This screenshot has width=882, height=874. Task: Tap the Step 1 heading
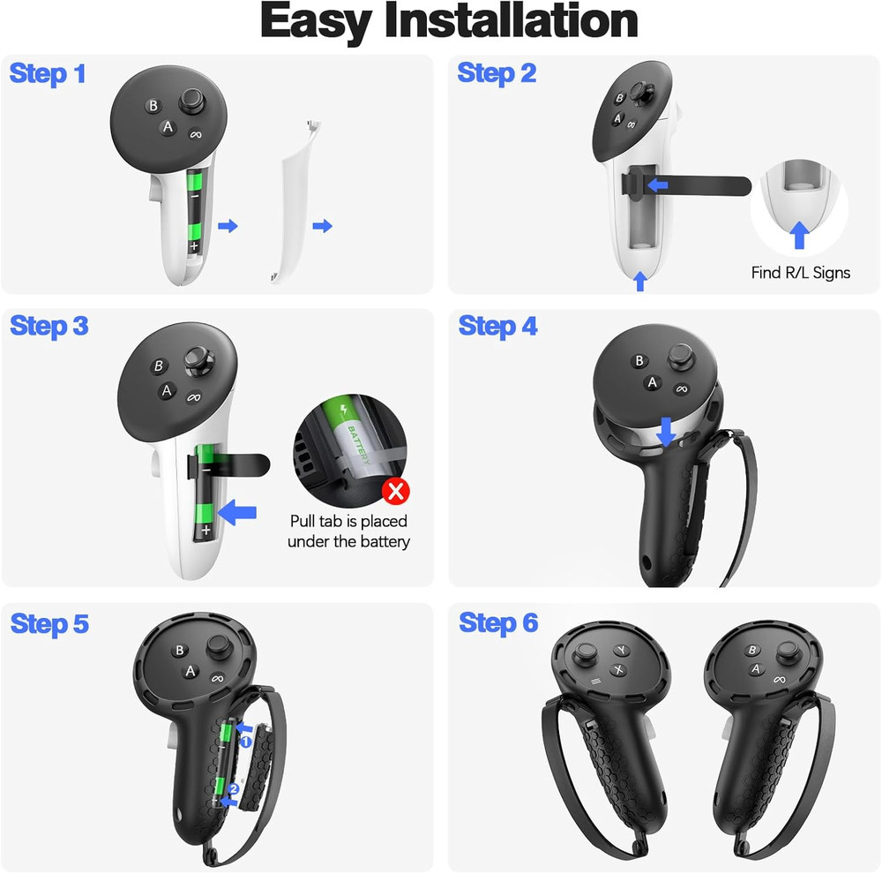[48, 73]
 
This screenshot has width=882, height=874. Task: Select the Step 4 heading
[497, 326]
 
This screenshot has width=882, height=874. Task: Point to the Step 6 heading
[497, 623]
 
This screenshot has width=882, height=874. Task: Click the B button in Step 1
[153, 106]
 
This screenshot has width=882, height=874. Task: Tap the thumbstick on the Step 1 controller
[192, 102]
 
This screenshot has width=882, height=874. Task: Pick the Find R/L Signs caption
[800, 273]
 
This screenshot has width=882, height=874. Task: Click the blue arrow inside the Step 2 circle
[799, 234]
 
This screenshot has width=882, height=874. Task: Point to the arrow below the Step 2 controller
[640, 282]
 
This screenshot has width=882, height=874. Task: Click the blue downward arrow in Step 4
[666, 432]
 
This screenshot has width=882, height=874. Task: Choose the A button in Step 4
[653, 382]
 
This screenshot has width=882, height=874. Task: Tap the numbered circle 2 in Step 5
[233, 788]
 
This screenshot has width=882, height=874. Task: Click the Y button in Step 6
[622, 651]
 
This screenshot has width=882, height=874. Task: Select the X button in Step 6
[619, 670]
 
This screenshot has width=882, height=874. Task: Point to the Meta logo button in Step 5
[217, 678]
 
